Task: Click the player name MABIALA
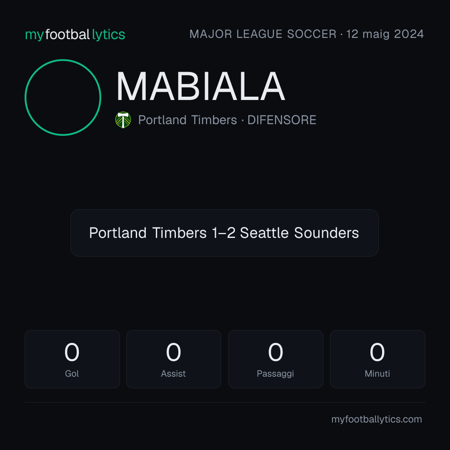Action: point(200,86)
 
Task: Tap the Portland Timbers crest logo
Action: point(123,120)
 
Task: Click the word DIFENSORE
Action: point(282,120)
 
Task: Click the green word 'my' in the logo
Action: point(35,35)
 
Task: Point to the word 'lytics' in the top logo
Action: point(108,35)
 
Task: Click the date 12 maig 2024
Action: point(385,34)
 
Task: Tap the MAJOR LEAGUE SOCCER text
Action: point(263,34)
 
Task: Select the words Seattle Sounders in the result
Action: point(299,233)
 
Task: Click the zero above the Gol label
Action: point(72,352)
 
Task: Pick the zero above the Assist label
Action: point(174,352)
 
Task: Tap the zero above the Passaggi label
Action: point(275,352)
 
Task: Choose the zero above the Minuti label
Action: point(377,352)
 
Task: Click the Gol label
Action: point(72,374)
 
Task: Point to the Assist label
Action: point(173,374)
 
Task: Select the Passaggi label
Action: point(275,374)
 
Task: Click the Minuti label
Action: point(377,374)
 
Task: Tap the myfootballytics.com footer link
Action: point(377,420)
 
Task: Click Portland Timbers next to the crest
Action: point(187,120)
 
